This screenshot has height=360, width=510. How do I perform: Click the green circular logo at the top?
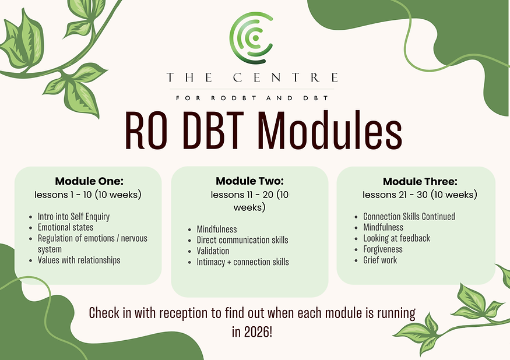(251, 37)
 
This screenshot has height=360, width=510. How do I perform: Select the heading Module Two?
(249, 181)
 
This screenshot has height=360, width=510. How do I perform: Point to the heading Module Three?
(416, 182)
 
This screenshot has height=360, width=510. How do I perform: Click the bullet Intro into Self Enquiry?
(74, 216)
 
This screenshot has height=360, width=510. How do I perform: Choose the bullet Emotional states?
(66, 227)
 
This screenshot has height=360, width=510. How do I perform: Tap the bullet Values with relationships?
(79, 260)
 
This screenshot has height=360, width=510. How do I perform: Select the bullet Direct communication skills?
(242, 240)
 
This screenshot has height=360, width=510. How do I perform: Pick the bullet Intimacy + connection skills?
(243, 262)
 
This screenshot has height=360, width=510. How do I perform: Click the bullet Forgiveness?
(383, 249)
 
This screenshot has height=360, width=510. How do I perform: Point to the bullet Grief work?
(380, 260)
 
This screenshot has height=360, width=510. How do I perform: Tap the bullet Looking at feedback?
(397, 238)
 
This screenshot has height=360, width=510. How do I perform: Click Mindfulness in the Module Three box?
(384, 227)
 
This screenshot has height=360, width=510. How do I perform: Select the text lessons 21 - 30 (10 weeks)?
(420, 194)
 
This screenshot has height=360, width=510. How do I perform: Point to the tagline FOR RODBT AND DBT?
(252, 98)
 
